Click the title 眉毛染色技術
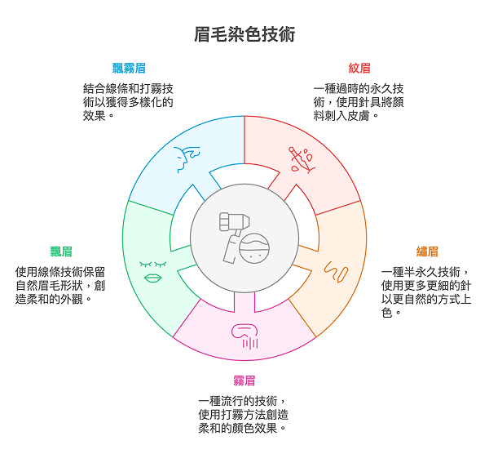coord(244,34)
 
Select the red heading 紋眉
coord(359,69)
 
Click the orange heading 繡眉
coord(427,252)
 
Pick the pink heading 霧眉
coord(244,381)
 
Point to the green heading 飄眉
coord(60,252)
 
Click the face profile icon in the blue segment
coord(187,159)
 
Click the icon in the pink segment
coord(244,335)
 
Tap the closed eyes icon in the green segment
coord(152,264)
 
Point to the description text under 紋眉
coord(359,102)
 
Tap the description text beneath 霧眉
coord(244,415)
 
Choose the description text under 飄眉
coord(60,285)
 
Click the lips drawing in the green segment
coord(152,278)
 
